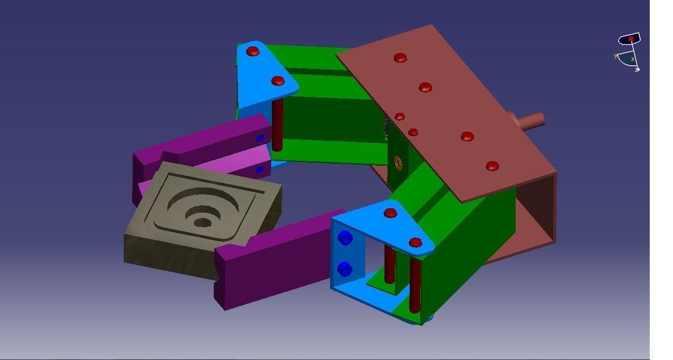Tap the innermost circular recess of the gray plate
(202, 222)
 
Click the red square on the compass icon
(631, 39)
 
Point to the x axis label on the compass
(632, 59)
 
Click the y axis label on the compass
(616, 56)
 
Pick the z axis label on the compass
(636, 70)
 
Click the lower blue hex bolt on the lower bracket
(344, 270)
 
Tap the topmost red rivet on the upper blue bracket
(253, 51)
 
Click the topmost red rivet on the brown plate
(400, 58)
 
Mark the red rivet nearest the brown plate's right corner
(492, 166)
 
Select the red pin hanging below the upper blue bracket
(278, 124)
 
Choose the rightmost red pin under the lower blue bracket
(415, 284)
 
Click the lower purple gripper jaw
(267, 267)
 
